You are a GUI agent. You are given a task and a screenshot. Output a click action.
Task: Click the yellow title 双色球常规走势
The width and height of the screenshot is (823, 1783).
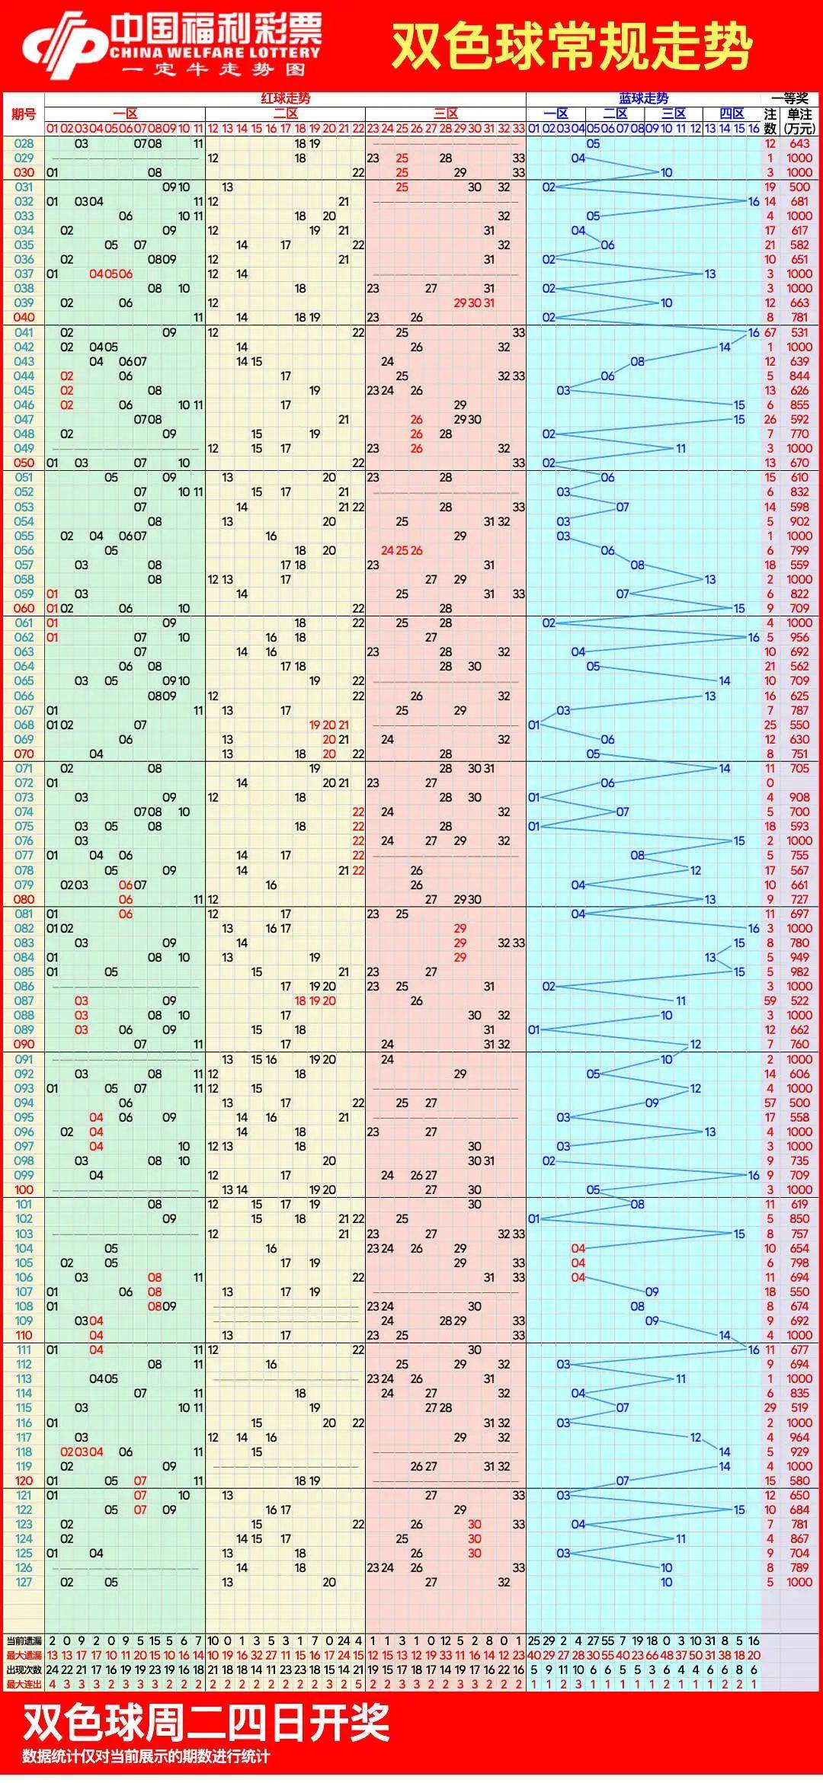572,46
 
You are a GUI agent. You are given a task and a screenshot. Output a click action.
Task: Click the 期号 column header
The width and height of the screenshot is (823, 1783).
24,114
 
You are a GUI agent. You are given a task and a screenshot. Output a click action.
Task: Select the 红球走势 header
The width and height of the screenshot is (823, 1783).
286,98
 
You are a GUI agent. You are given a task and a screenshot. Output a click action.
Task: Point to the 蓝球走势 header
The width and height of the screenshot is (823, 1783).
643,98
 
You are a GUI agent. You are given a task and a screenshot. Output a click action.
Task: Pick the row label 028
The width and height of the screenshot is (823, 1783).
24,143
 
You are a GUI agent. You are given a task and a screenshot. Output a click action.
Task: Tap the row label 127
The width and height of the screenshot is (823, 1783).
24,1582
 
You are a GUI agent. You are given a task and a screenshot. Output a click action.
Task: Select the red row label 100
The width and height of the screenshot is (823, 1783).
24,1189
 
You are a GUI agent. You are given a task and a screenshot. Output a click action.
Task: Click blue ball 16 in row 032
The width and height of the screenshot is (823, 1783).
754,201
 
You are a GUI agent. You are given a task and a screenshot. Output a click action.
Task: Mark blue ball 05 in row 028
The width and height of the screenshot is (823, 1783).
593,143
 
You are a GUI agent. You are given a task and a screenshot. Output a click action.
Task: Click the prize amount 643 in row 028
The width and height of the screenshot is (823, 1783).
799,143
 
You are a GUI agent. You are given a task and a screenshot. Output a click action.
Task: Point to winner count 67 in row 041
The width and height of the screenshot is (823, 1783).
770,332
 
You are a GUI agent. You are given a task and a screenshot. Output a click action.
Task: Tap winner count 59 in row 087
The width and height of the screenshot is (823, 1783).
770,1000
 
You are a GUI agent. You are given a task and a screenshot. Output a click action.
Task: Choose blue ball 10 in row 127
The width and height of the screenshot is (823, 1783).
666,1582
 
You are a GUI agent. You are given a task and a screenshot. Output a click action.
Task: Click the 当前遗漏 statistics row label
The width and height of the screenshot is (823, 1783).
24,1641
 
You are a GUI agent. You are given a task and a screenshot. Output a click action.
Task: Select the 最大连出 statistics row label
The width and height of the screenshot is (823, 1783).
24,1684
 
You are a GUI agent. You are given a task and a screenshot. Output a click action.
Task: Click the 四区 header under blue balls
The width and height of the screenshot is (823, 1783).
732,114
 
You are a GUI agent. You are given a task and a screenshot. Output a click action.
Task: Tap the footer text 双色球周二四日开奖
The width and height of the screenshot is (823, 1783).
206,1723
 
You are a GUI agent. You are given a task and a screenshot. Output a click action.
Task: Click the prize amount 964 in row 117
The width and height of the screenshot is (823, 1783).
799,1437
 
